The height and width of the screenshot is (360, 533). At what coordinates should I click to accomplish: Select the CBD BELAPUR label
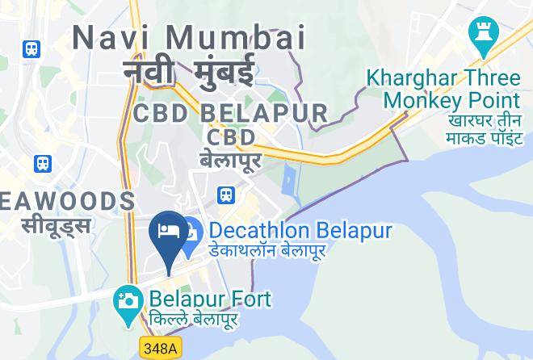pyautogui.click(x=231, y=113)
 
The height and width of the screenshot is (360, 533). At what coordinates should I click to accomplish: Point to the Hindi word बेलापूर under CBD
pyautogui.click(x=230, y=160)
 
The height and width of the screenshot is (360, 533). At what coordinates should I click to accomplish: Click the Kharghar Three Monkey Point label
pyautogui.click(x=443, y=89)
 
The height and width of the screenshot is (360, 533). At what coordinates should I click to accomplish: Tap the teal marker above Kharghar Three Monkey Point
pyautogui.click(x=484, y=36)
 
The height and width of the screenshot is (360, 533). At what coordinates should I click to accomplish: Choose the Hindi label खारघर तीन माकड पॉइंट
pyautogui.click(x=484, y=129)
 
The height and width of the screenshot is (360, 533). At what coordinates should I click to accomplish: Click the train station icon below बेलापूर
pyautogui.click(x=226, y=195)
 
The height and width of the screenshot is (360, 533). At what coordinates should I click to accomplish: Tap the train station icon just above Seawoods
pyautogui.click(x=43, y=164)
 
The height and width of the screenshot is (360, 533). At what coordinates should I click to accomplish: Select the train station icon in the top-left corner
pyautogui.click(x=32, y=48)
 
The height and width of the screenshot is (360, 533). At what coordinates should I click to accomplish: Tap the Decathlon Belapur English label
pyautogui.click(x=300, y=231)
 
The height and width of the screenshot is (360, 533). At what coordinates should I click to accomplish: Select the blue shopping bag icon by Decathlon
pyautogui.click(x=191, y=238)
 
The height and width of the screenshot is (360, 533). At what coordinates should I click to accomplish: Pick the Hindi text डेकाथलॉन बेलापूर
pyautogui.click(x=267, y=251)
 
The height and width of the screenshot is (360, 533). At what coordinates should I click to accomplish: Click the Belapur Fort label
pyautogui.click(x=210, y=299)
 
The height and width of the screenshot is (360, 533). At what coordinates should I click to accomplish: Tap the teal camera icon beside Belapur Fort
pyautogui.click(x=128, y=302)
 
